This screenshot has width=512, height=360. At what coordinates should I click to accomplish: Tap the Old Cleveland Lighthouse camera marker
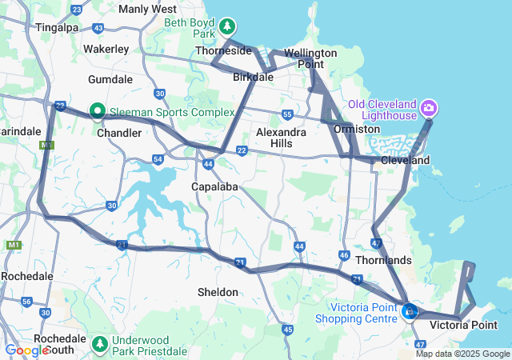pos(428,107)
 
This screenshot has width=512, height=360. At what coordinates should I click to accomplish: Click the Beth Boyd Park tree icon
pos(227,26)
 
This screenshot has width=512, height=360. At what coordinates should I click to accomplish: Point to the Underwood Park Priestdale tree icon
pos(100,345)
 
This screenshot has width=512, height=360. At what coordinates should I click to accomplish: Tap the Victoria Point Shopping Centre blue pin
pos(410,310)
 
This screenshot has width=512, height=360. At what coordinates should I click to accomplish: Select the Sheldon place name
pos(218,292)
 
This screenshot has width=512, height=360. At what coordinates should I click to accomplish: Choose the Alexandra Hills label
pos(281,137)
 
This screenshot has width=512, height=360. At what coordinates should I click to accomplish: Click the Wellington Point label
pos(310,58)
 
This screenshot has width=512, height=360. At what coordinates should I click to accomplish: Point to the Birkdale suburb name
pos(253,78)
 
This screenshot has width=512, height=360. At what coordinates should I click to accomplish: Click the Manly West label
pos(147,9)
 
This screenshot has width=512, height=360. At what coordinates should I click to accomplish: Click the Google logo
pos(26,350)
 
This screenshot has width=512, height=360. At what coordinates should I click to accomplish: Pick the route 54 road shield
pos(158,160)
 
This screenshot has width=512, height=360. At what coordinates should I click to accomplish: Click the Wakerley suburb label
pos(106,49)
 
